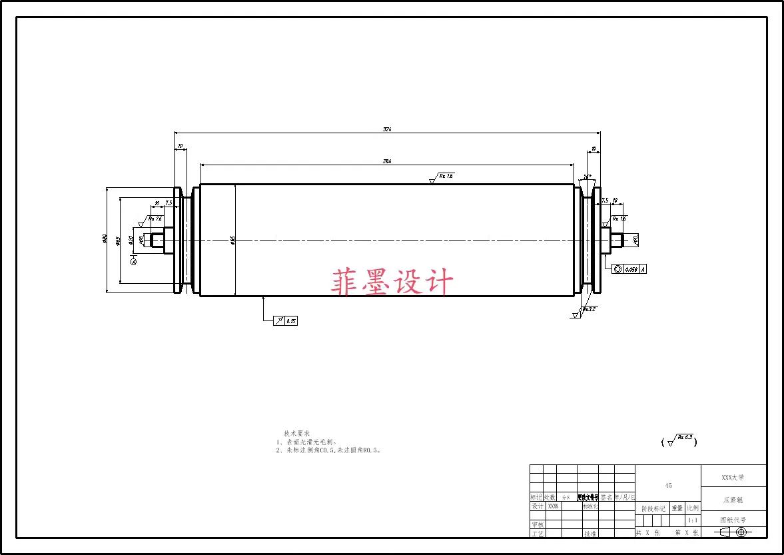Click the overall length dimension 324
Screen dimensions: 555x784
click(386, 129)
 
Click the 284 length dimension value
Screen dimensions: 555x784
click(386, 161)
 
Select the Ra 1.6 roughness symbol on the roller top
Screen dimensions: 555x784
click(442, 177)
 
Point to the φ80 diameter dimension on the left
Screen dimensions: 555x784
click(105, 239)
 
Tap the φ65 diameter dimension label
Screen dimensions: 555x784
click(118, 241)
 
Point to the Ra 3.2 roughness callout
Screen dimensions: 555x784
click(587, 310)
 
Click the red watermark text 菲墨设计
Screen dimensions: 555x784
click(392, 282)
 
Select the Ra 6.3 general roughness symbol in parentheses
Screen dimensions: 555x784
click(679, 440)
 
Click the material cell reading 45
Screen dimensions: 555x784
click(668, 485)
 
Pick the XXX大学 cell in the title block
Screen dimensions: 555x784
click(733, 477)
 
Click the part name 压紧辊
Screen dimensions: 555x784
click(733, 499)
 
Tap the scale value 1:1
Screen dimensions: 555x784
click(693, 520)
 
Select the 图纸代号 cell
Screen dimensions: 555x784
click(733, 520)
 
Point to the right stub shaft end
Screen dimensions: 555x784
click(617, 239)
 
